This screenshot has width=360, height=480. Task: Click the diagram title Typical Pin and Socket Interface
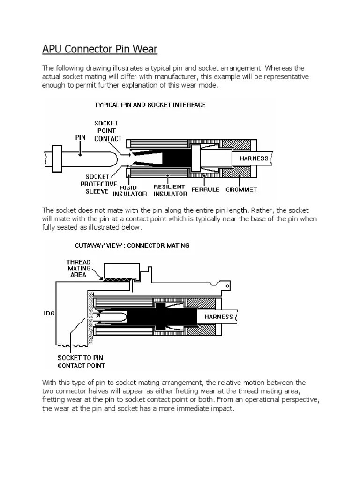[x=150, y=105]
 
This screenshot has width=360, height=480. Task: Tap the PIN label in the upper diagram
[x=81, y=138]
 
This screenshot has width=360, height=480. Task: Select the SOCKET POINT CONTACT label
[x=108, y=131]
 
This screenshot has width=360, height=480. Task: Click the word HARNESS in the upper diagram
[x=254, y=158]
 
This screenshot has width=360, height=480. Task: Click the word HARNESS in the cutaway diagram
[x=218, y=317]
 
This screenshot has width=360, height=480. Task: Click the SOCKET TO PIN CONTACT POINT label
[x=81, y=361]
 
